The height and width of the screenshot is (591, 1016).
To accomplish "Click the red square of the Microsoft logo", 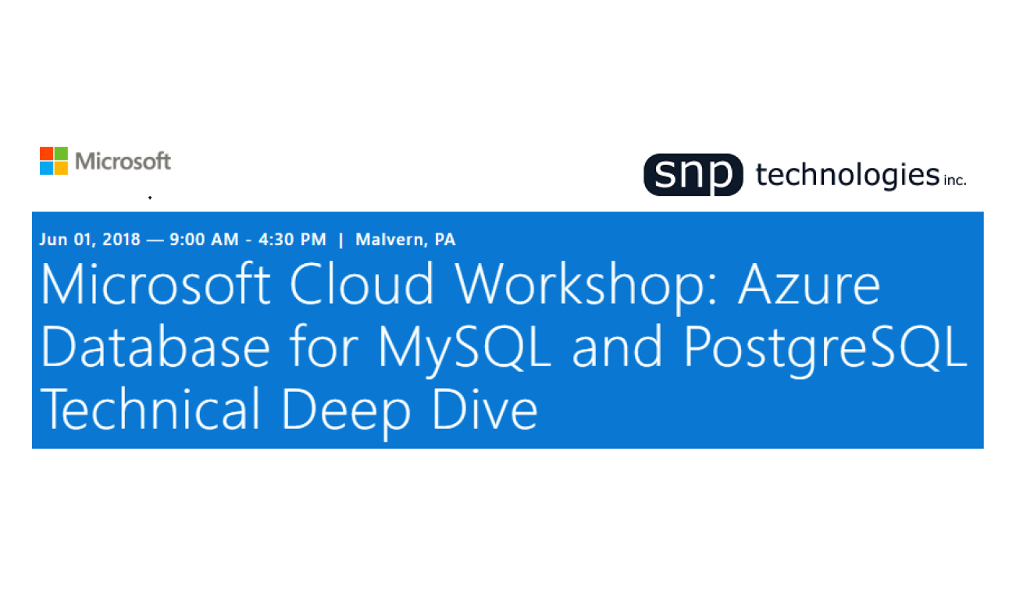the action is (x=47, y=153).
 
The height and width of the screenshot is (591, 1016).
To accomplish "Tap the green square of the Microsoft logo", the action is (x=61, y=153).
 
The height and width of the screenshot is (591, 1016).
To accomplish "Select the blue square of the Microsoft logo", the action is (x=47, y=168).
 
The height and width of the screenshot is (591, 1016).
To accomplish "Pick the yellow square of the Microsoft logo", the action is (x=61, y=168).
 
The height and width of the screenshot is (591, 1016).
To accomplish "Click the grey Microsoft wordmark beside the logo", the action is (x=123, y=161).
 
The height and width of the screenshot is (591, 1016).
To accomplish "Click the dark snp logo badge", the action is (x=693, y=175).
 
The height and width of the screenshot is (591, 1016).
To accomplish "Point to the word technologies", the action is (x=847, y=176).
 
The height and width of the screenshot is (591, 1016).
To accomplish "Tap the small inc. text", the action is (x=955, y=180).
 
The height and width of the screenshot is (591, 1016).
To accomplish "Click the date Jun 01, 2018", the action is (x=90, y=240).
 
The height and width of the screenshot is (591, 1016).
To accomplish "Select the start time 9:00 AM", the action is (x=204, y=240).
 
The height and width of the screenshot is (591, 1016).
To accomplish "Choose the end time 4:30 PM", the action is (x=292, y=240).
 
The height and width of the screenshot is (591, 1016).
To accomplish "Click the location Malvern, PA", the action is (x=405, y=240).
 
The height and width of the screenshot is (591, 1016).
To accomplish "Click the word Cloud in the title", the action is (x=362, y=283).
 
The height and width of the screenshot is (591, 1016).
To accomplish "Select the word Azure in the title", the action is (x=809, y=285).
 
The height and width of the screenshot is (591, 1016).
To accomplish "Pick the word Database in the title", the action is (x=155, y=346).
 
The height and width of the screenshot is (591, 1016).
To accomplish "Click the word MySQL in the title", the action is (x=465, y=349).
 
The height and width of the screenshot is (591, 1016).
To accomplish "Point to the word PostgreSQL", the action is (x=825, y=349).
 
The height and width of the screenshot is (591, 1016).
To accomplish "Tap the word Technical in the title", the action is (x=150, y=408).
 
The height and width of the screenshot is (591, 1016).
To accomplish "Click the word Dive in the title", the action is (x=484, y=408).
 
